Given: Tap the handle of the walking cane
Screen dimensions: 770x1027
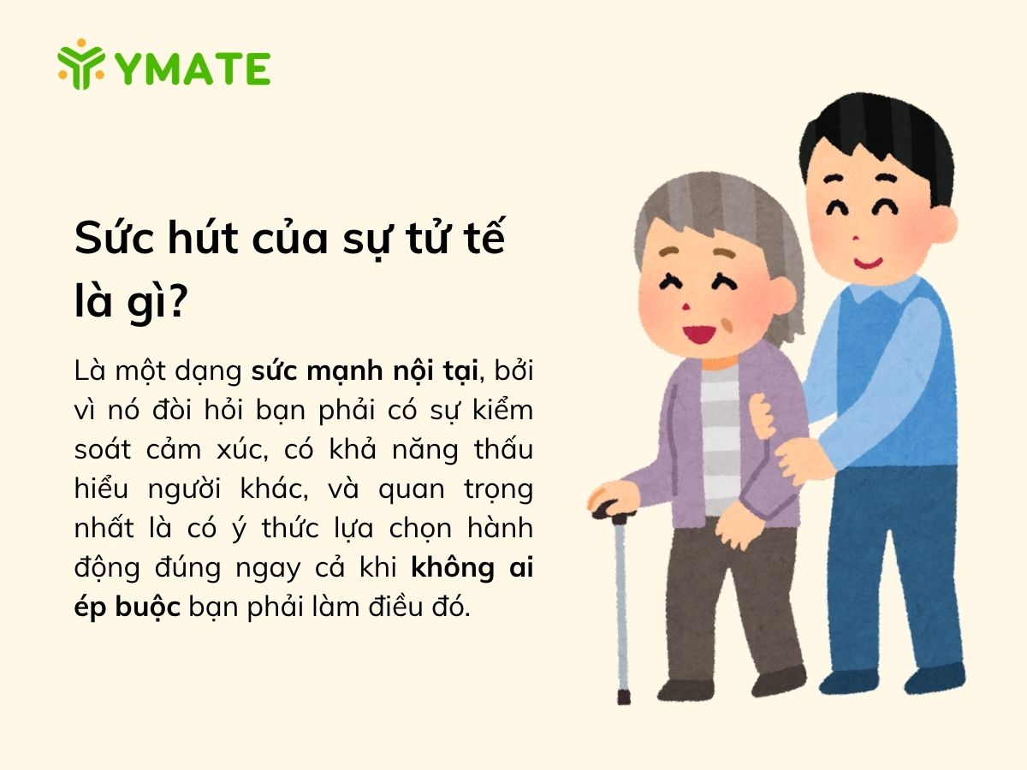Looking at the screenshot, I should (614, 510).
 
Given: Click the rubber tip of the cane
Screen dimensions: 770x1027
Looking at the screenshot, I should (624, 697).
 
